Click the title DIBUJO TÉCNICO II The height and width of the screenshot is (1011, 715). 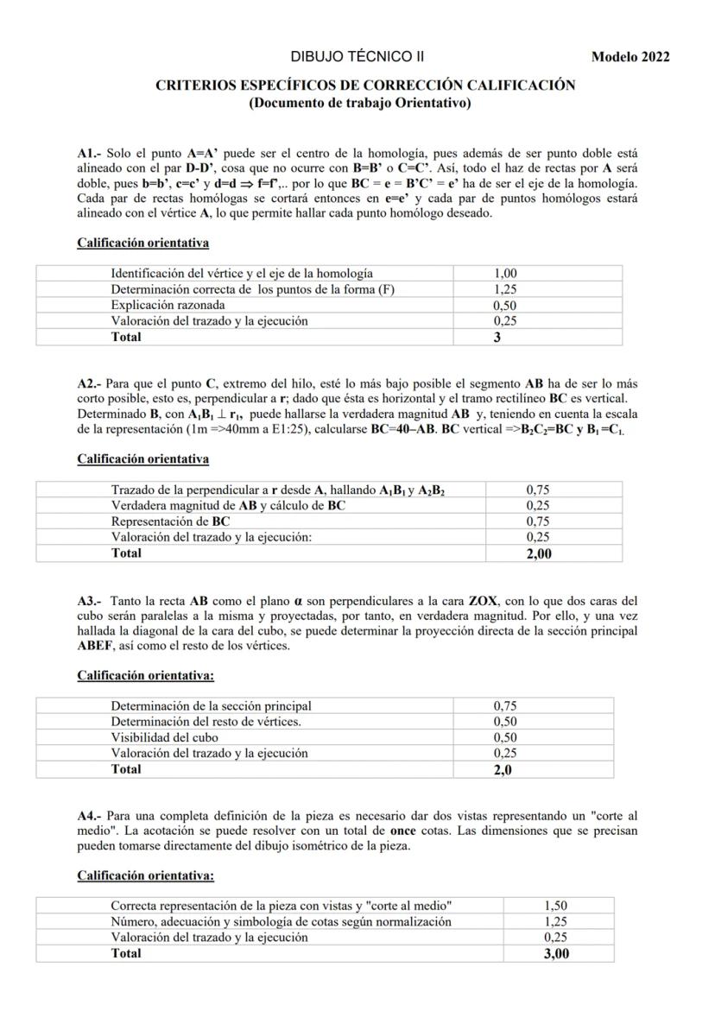[x=357, y=57]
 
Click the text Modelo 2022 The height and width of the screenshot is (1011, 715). [x=630, y=58]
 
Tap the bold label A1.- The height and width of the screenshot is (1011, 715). [x=90, y=153]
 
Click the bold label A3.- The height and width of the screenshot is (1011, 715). [x=90, y=600]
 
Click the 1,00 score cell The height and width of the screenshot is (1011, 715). [x=505, y=274]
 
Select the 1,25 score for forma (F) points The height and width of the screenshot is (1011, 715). [x=505, y=289]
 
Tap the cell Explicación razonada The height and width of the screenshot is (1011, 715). [x=168, y=305]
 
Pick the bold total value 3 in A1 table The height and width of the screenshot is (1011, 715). [x=497, y=338]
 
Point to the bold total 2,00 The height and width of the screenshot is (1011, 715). [x=539, y=553]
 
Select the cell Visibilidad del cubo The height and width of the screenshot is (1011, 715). [x=164, y=737]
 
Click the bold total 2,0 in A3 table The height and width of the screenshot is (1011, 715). [x=503, y=769]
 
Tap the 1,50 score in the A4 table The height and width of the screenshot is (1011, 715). [x=556, y=906]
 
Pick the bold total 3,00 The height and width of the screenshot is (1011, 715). [x=556, y=954]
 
